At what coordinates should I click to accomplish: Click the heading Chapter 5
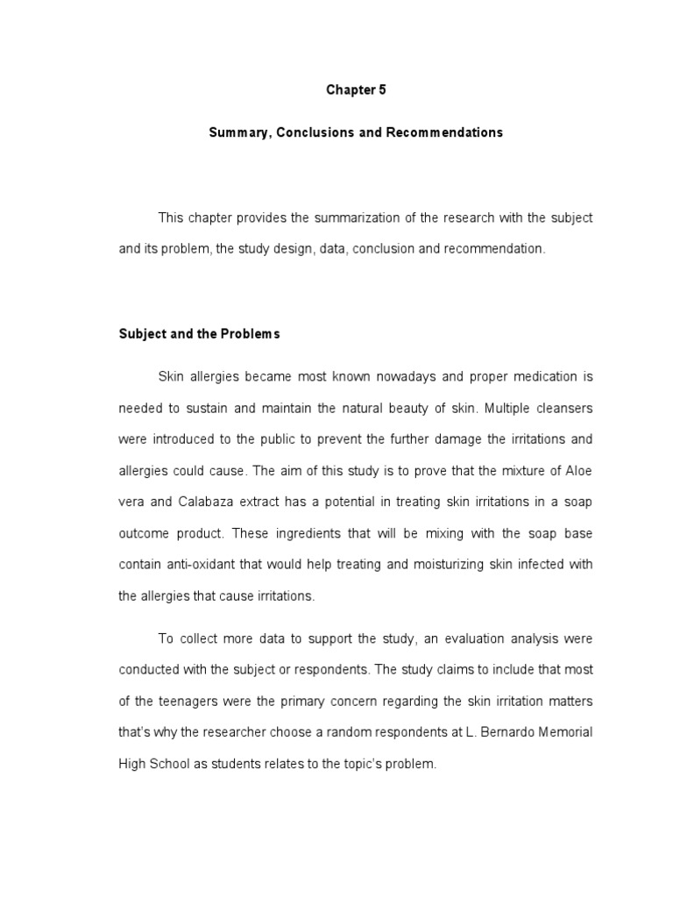(x=356, y=89)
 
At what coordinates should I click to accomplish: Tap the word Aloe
(x=580, y=470)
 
